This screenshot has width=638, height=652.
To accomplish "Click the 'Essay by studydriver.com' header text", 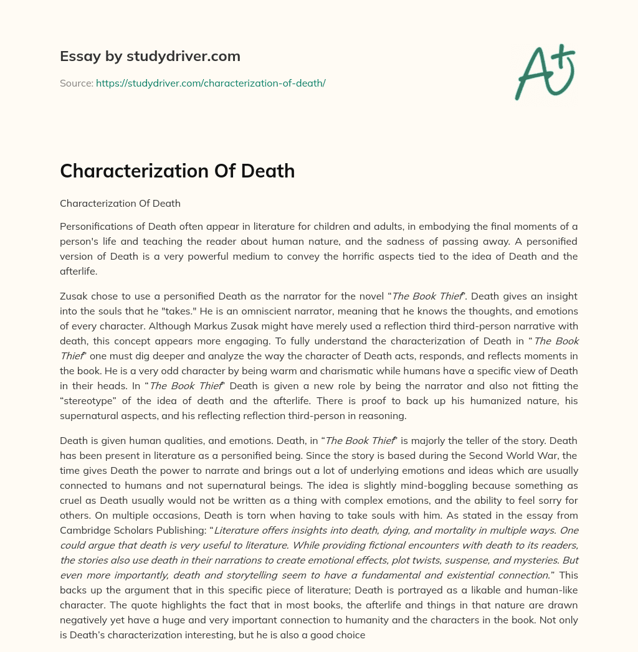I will click(x=150, y=56).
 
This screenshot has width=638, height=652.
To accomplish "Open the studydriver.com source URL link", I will click(x=211, y=83).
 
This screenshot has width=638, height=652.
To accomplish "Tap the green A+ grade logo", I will click(x=543, y=72).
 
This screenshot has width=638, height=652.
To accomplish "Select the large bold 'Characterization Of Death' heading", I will click(x=177, y=171).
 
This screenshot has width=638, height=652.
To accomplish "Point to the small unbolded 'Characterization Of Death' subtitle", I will click(x=120, y=203).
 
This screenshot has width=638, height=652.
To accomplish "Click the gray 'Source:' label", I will click(x=77, y=83).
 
